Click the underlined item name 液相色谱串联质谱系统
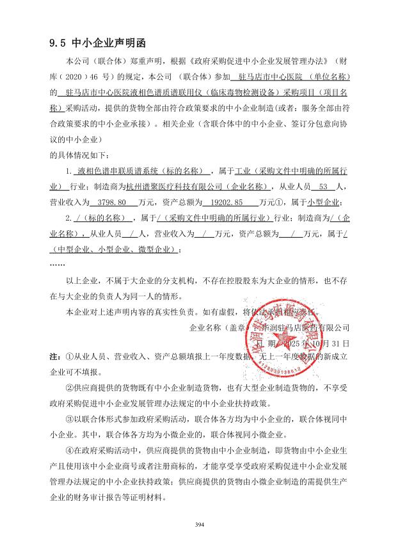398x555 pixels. [112, 173]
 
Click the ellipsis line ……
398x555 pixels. [57, 263]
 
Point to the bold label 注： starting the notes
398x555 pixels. [56, 355]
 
